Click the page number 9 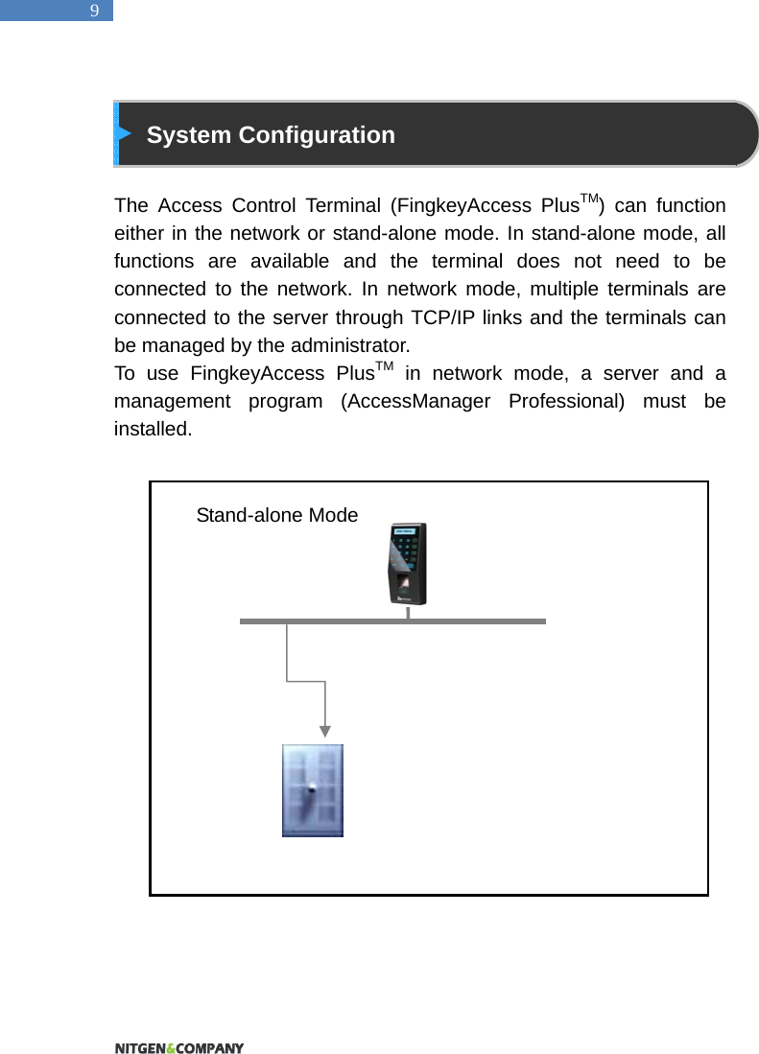(94, 12)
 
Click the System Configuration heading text (271, 135)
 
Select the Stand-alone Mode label (276, 515)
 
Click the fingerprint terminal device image (407, 564)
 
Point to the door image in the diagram (312, 790)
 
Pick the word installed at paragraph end (152, 429)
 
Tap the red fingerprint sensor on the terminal (404, 585)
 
